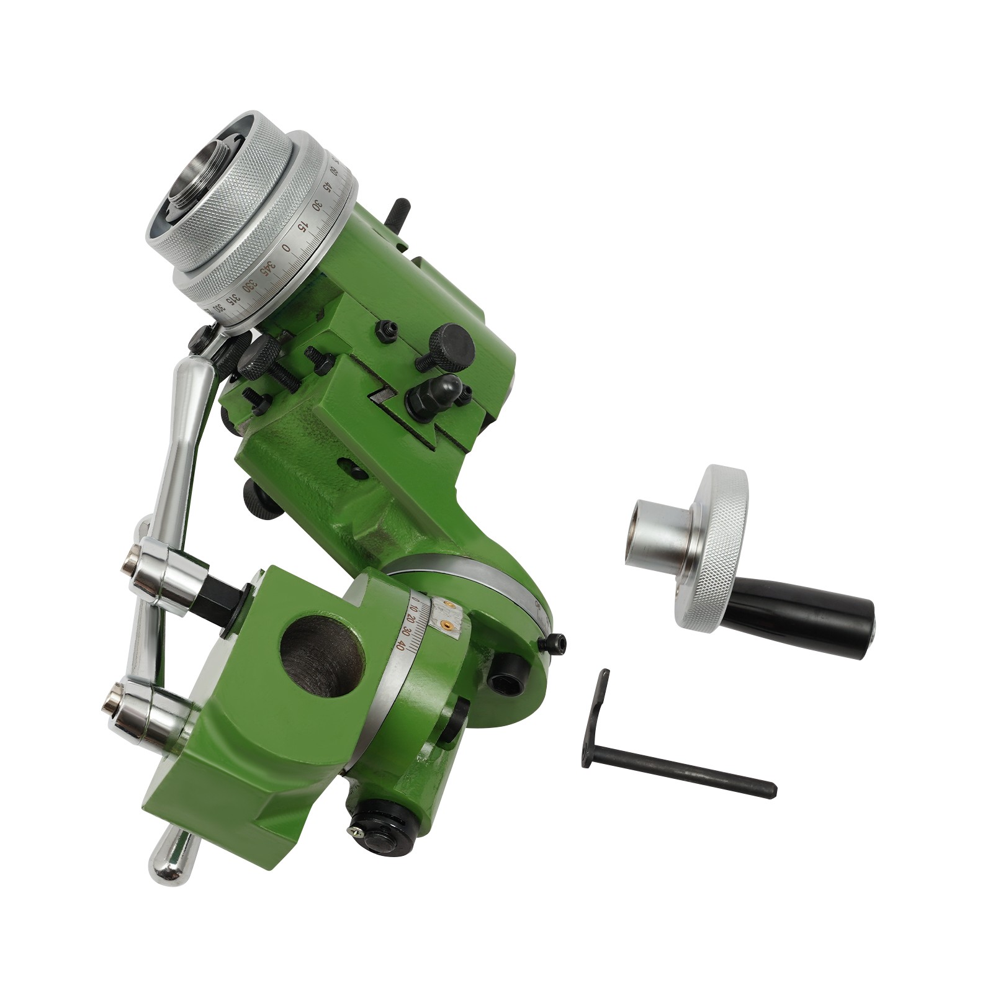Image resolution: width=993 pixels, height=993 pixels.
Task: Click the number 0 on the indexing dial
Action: pos(286,248)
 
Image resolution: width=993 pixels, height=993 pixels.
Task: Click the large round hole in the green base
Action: pos(321,657)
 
